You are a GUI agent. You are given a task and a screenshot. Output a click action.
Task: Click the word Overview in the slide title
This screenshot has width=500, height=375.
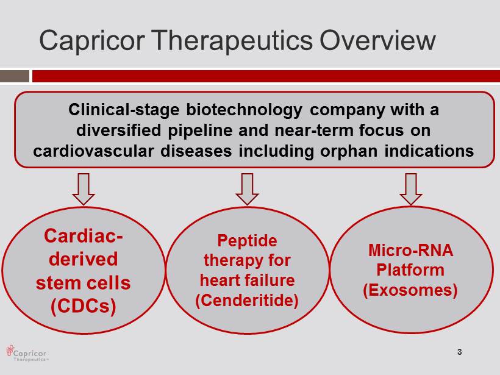point(377,40)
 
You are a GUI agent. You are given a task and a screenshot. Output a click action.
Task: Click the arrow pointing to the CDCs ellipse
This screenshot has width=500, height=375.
point(84,189)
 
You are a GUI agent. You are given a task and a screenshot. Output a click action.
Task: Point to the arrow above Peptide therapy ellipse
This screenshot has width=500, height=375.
point(247,189)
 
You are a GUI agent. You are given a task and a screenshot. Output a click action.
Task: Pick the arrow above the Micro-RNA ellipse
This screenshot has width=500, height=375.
point(411,189)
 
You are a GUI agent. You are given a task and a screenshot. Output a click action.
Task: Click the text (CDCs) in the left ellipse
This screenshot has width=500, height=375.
point(83,306)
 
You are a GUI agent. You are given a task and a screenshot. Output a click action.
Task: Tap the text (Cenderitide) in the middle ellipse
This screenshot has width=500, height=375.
point(247,301)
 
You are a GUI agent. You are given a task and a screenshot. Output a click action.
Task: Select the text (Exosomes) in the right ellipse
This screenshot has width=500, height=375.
point(410,290)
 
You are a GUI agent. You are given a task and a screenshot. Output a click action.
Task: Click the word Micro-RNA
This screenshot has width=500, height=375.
point(411,250)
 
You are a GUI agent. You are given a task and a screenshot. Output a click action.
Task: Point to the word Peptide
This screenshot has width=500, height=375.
point(247,241)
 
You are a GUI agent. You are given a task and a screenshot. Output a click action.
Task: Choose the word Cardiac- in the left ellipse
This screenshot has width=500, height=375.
point(84,236)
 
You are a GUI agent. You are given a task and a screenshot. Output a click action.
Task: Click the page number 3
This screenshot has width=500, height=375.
point(460,352)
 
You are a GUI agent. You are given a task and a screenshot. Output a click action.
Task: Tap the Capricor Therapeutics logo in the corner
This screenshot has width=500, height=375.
point(27,353)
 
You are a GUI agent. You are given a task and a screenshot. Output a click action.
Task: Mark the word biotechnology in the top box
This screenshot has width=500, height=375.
point(245,110)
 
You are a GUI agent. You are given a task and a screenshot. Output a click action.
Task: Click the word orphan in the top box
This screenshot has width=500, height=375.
point(349,151)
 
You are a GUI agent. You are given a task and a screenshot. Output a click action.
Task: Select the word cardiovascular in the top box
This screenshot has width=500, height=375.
point(93,151)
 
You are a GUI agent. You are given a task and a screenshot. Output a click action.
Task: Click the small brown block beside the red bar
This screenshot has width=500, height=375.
point(15,76)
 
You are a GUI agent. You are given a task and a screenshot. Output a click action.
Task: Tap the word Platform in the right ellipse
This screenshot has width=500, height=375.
point(410,270)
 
